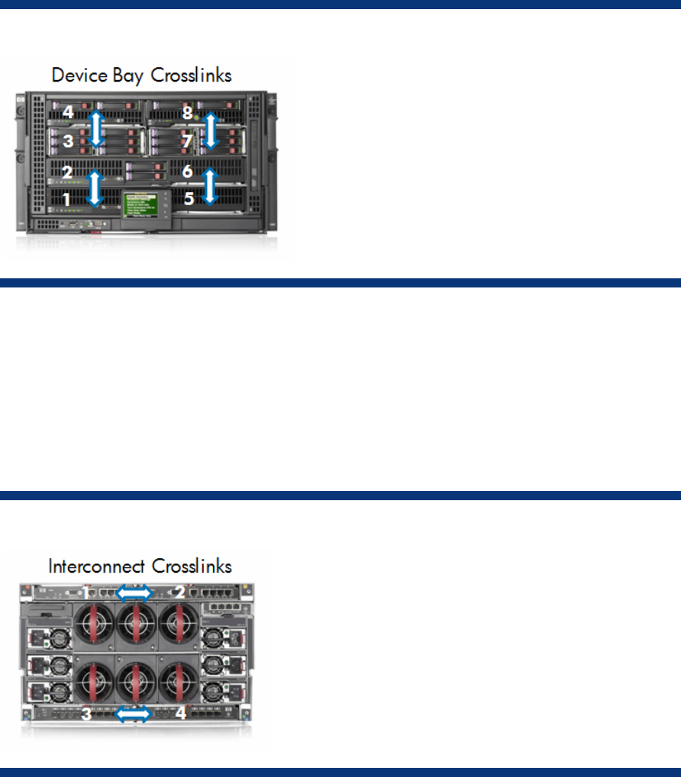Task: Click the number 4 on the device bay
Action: [x=68, y=112]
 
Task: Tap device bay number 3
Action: [x=68, y=141]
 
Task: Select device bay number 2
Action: [x=67, y=172]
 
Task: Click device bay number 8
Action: [x=187, y=112]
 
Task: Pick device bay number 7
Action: [x=187, y=141]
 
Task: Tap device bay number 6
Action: [x=187, y=172]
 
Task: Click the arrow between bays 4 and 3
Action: [x=95, y=127]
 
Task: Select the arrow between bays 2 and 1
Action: [x=95, y=187]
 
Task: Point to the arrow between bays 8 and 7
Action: [x=212, y=130]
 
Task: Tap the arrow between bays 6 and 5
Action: [x=211, y=186]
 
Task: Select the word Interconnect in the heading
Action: [x=95, y=567]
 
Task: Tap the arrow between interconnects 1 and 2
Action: [x=134, y=592]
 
